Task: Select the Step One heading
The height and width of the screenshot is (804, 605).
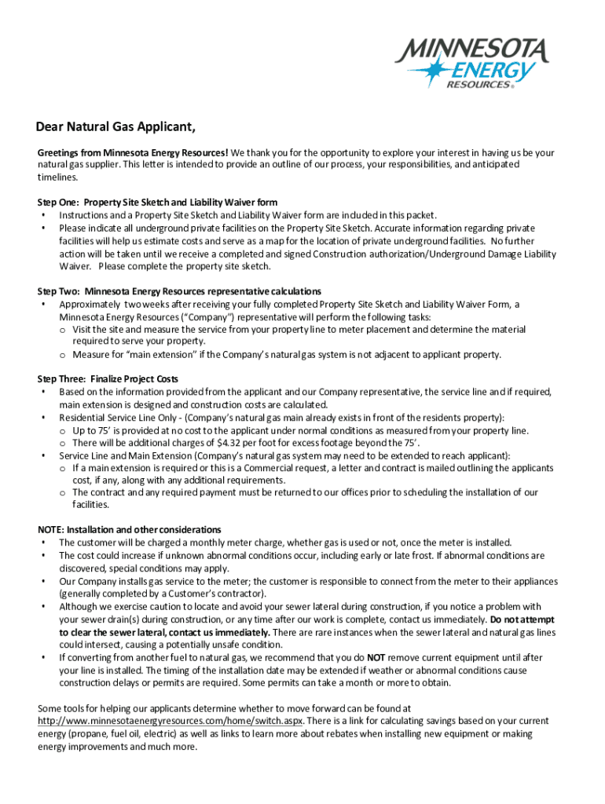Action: click(x=157, y=203)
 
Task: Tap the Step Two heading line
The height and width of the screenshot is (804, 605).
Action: click(x=179, y=291)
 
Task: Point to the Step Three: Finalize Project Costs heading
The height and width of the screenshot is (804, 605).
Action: click(x=108, y=379)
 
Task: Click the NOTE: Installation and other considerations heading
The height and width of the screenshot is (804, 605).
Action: click(x=130, y=530)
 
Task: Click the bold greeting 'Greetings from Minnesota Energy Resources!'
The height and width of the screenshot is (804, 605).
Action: click(x=134, y=153)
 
